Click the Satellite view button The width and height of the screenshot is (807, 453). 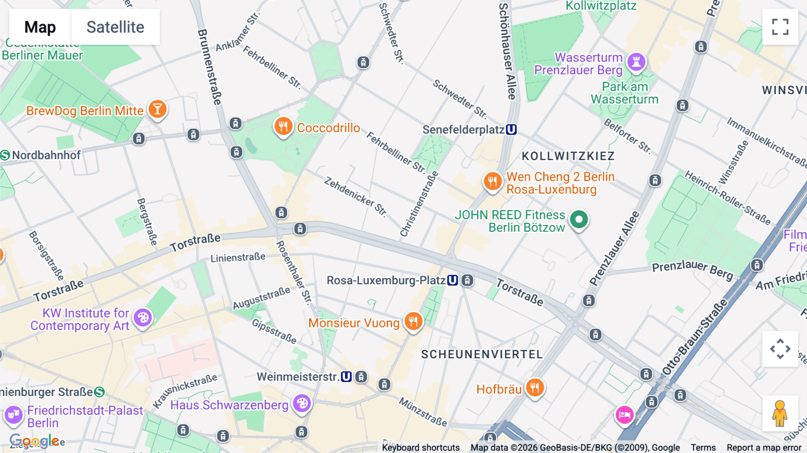[x=115, y=27]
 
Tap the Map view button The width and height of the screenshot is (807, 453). [x=40, y=27]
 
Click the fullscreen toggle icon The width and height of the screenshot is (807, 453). [x=780, y=27]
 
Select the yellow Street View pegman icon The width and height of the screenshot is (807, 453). [x=780, y=413]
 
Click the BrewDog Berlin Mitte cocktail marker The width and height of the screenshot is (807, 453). [x=157, y=109]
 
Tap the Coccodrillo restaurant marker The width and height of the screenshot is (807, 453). [x=283, y=127]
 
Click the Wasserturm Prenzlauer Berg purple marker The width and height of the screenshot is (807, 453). [x=636, y=62]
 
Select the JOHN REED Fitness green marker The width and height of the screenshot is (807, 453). [x=579, y=220]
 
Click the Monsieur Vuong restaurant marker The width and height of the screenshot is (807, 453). [x=413, y=322]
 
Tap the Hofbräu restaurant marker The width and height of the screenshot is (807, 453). [x=534, y=388]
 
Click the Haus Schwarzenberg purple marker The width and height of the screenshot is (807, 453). [x=302, y=404]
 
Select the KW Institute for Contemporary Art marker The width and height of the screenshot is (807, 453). [x=143, y=318]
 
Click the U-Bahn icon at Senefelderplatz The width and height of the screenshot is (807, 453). [x=511, y=130]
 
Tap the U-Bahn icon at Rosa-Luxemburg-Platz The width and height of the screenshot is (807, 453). [x=452, y=280]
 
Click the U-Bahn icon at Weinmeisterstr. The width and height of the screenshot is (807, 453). [x=346, y=377]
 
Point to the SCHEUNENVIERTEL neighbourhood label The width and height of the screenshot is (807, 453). [x=482, y=354]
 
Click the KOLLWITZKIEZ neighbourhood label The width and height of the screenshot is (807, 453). [x=568, y=156]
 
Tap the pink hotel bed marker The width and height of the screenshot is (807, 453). [x=624, y=415]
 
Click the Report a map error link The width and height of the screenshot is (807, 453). [x=764, y=447]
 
